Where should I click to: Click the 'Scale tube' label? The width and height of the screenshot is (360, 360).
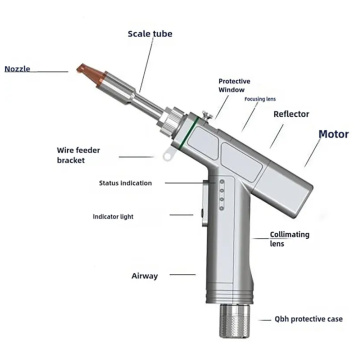pos(151,33)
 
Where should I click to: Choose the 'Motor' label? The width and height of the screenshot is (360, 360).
pos(333,133)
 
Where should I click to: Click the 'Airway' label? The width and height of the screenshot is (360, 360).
pos(145,274)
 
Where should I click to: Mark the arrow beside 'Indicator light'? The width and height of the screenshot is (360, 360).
pos(181,214)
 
